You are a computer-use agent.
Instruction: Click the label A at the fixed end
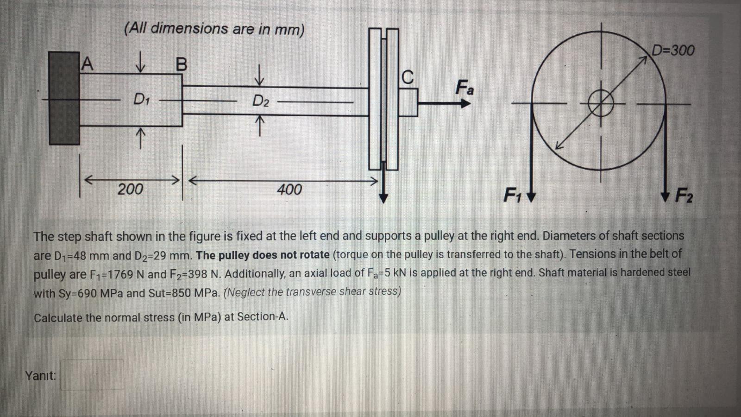click(x=87, y=63)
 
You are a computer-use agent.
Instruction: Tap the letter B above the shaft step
click(x=182, y=64)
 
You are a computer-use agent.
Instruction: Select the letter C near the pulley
click(x=407, y=77)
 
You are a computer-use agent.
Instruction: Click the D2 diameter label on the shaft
click(x=260, y=101)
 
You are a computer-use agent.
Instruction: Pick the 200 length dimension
click(x=130, y=189)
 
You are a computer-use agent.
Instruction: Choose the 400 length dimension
click(x=289, y=189)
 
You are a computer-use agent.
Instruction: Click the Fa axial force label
click(x=465, y=87)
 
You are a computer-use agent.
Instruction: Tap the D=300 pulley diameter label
click(x=673, y=50)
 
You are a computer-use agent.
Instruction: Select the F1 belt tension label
click(x=513, y=195)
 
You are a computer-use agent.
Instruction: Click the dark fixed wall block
click(x=64, y=98)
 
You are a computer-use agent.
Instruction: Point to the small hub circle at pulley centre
click(x=601, y=103)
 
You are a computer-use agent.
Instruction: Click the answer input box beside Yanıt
click(x=92, y=375)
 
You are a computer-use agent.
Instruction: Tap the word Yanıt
click(x=41, y=375)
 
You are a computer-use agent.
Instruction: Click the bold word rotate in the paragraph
click(x=314, y=255)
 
